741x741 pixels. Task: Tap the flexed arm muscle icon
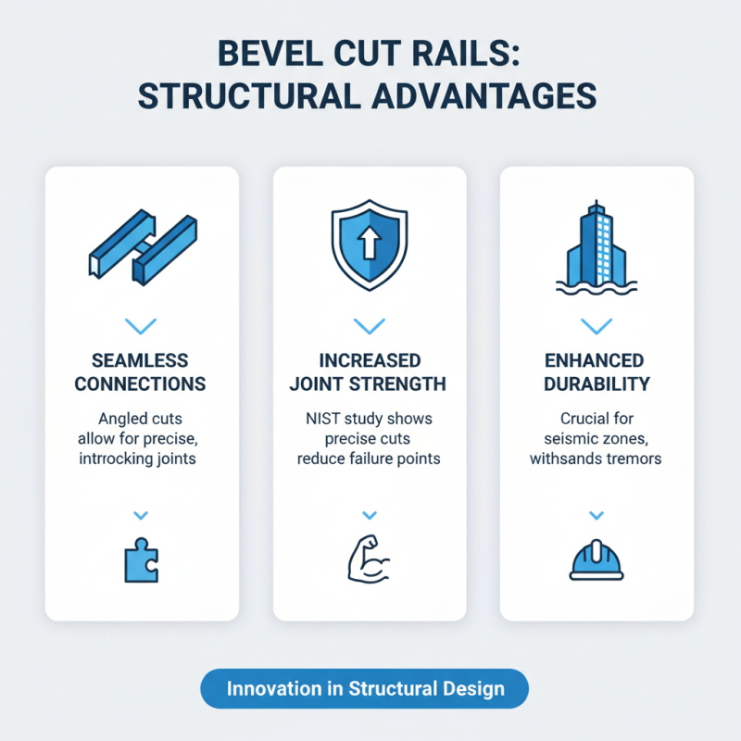pyautogui.click(x=370, y=560)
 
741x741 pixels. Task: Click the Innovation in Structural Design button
pyautogui.click(x=365, y=689)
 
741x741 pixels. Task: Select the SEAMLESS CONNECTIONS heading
pyautogui.click(x=142, y=371)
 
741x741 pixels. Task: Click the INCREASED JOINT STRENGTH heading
pyautogui.click(x=370, y=371)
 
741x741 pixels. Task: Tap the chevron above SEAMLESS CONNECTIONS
pyautogui.click(x=142, y=326)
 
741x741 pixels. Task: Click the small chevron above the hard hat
pyautogui.click(x=597, y=515)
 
